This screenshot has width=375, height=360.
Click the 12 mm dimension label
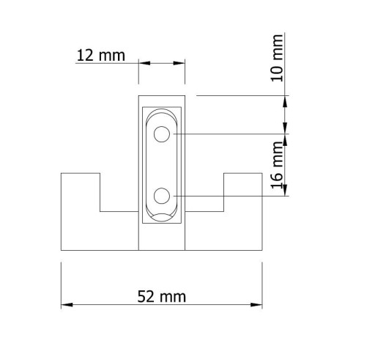click(100, 56)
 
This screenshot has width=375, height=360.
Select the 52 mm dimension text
click(162, 296)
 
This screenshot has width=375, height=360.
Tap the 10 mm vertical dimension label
click(277, 58)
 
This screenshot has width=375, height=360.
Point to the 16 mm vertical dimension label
click(277, 165)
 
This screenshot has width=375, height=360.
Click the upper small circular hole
click(162, 134)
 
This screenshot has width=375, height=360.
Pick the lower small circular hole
click(162, 196)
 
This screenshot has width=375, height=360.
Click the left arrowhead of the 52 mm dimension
click(67, 305)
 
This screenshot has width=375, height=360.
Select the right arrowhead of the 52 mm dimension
click(256, 305)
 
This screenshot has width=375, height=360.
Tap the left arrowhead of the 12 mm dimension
click(144, 63)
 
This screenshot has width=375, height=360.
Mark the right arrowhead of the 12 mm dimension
click(179, 63)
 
